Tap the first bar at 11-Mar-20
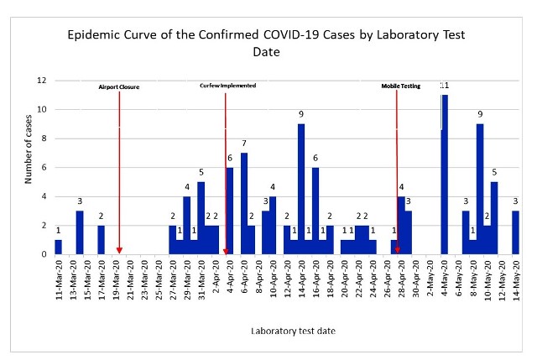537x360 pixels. point(58,247)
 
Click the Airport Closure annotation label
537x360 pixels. point(119,86)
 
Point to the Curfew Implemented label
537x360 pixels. point(227,86)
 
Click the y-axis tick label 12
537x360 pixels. point(41,81)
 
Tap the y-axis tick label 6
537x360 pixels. point(43,168)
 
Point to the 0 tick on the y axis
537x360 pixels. point(43,254)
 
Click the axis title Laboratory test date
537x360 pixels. point(294,331)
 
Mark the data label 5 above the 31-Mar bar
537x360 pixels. point(201,174)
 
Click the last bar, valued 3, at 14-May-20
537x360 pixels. point(515,232)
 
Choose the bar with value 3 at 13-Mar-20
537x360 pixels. point(80,232)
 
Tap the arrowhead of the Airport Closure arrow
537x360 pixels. point(119,249)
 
